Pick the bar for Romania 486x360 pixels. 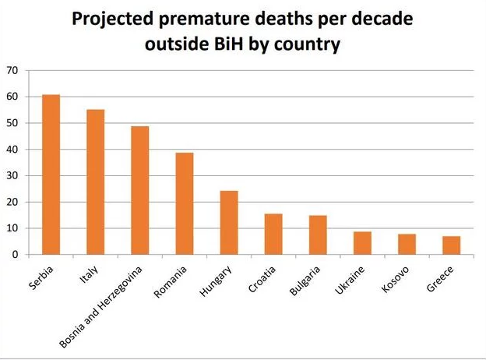coord(184,203)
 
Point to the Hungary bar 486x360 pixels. coord(228,222)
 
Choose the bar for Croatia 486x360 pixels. coord(273,234)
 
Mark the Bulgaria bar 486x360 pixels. coord(317,235)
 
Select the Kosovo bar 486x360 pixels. coord(407,244)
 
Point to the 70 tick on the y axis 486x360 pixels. coord(11,70)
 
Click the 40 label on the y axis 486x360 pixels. coord(11,149)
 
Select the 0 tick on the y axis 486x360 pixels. coord(14,254)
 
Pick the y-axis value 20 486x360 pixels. coord(11,202)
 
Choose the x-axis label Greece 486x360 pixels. coord(441,278)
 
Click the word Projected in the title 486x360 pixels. coord(118,19)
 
